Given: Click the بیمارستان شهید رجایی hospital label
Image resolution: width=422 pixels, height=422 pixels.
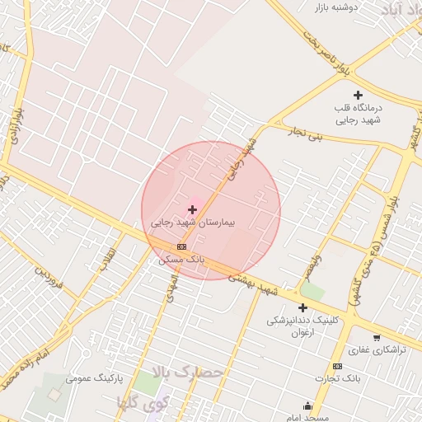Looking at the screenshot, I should tap(194, 223).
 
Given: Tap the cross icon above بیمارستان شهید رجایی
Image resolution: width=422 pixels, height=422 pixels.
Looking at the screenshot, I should tap(193, 210).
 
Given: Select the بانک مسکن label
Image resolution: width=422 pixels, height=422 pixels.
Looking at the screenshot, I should tap(181, 259).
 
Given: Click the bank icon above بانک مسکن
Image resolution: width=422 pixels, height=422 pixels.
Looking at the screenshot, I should tap(181, 246).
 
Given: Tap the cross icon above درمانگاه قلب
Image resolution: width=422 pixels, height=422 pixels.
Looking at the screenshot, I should tap(357, 96).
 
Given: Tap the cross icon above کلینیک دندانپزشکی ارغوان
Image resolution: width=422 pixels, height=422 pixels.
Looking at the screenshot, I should tap(302, 307).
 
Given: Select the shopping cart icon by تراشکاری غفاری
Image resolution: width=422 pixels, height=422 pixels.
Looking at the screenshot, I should tap(377, 337).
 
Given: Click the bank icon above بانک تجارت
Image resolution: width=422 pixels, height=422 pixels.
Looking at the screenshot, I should tap(337, 366).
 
